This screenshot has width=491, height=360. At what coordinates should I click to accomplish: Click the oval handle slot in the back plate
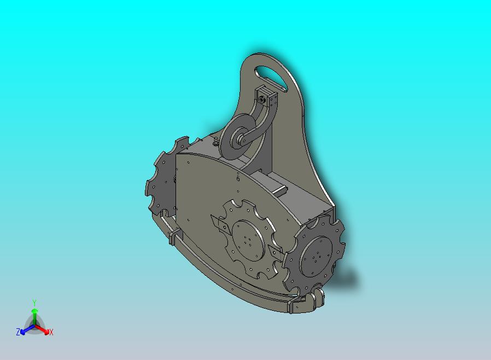pos(271,78)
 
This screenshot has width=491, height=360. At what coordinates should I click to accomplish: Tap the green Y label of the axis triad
pos(34,303)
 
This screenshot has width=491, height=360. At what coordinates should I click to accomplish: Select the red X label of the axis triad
pos(51,332)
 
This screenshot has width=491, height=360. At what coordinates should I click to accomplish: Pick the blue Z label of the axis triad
pos(18,332)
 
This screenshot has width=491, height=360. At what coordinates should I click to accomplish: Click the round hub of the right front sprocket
pos(315,256)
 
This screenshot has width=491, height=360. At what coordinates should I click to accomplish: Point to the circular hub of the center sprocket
pos(248,240)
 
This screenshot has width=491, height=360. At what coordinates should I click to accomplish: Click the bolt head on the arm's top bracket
pos(262,100)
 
